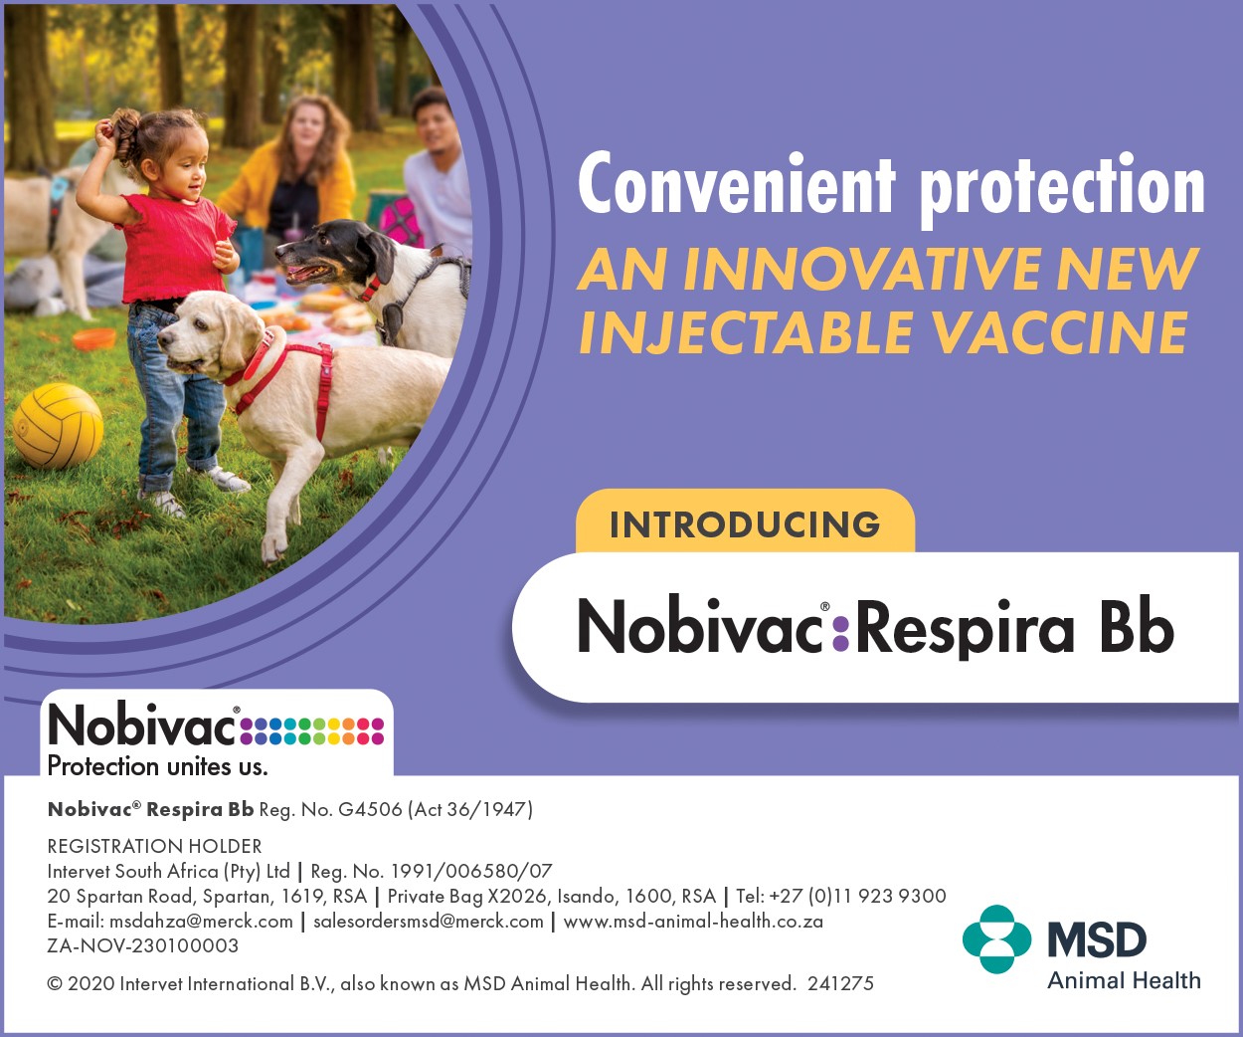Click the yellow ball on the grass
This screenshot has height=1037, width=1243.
click(x=58, y=426)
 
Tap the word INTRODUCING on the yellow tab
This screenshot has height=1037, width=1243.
click(x=745, y=524)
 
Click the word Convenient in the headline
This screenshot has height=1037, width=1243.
click(x=737, y=183)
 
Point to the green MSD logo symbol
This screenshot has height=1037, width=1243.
click(x=996, y=939)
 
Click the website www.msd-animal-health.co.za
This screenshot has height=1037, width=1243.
click(x=693, y=922)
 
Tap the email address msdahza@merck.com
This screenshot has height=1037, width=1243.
click(x=201, y=922)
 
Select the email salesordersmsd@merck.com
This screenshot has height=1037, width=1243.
click(x=429, y=922)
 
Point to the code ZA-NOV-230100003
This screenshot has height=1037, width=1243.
click(x=143, y=945)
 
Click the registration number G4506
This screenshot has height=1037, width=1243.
click(x=370, y=809)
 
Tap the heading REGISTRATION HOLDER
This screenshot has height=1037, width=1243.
click(x=155, y=846)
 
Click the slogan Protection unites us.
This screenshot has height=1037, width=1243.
click(x=158, y=766)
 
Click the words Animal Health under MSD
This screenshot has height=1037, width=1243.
click(x=1124, y=980)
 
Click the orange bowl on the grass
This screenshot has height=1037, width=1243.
click(x=94, y=338)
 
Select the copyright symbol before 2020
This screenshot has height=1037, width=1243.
click(x=55, y=984)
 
